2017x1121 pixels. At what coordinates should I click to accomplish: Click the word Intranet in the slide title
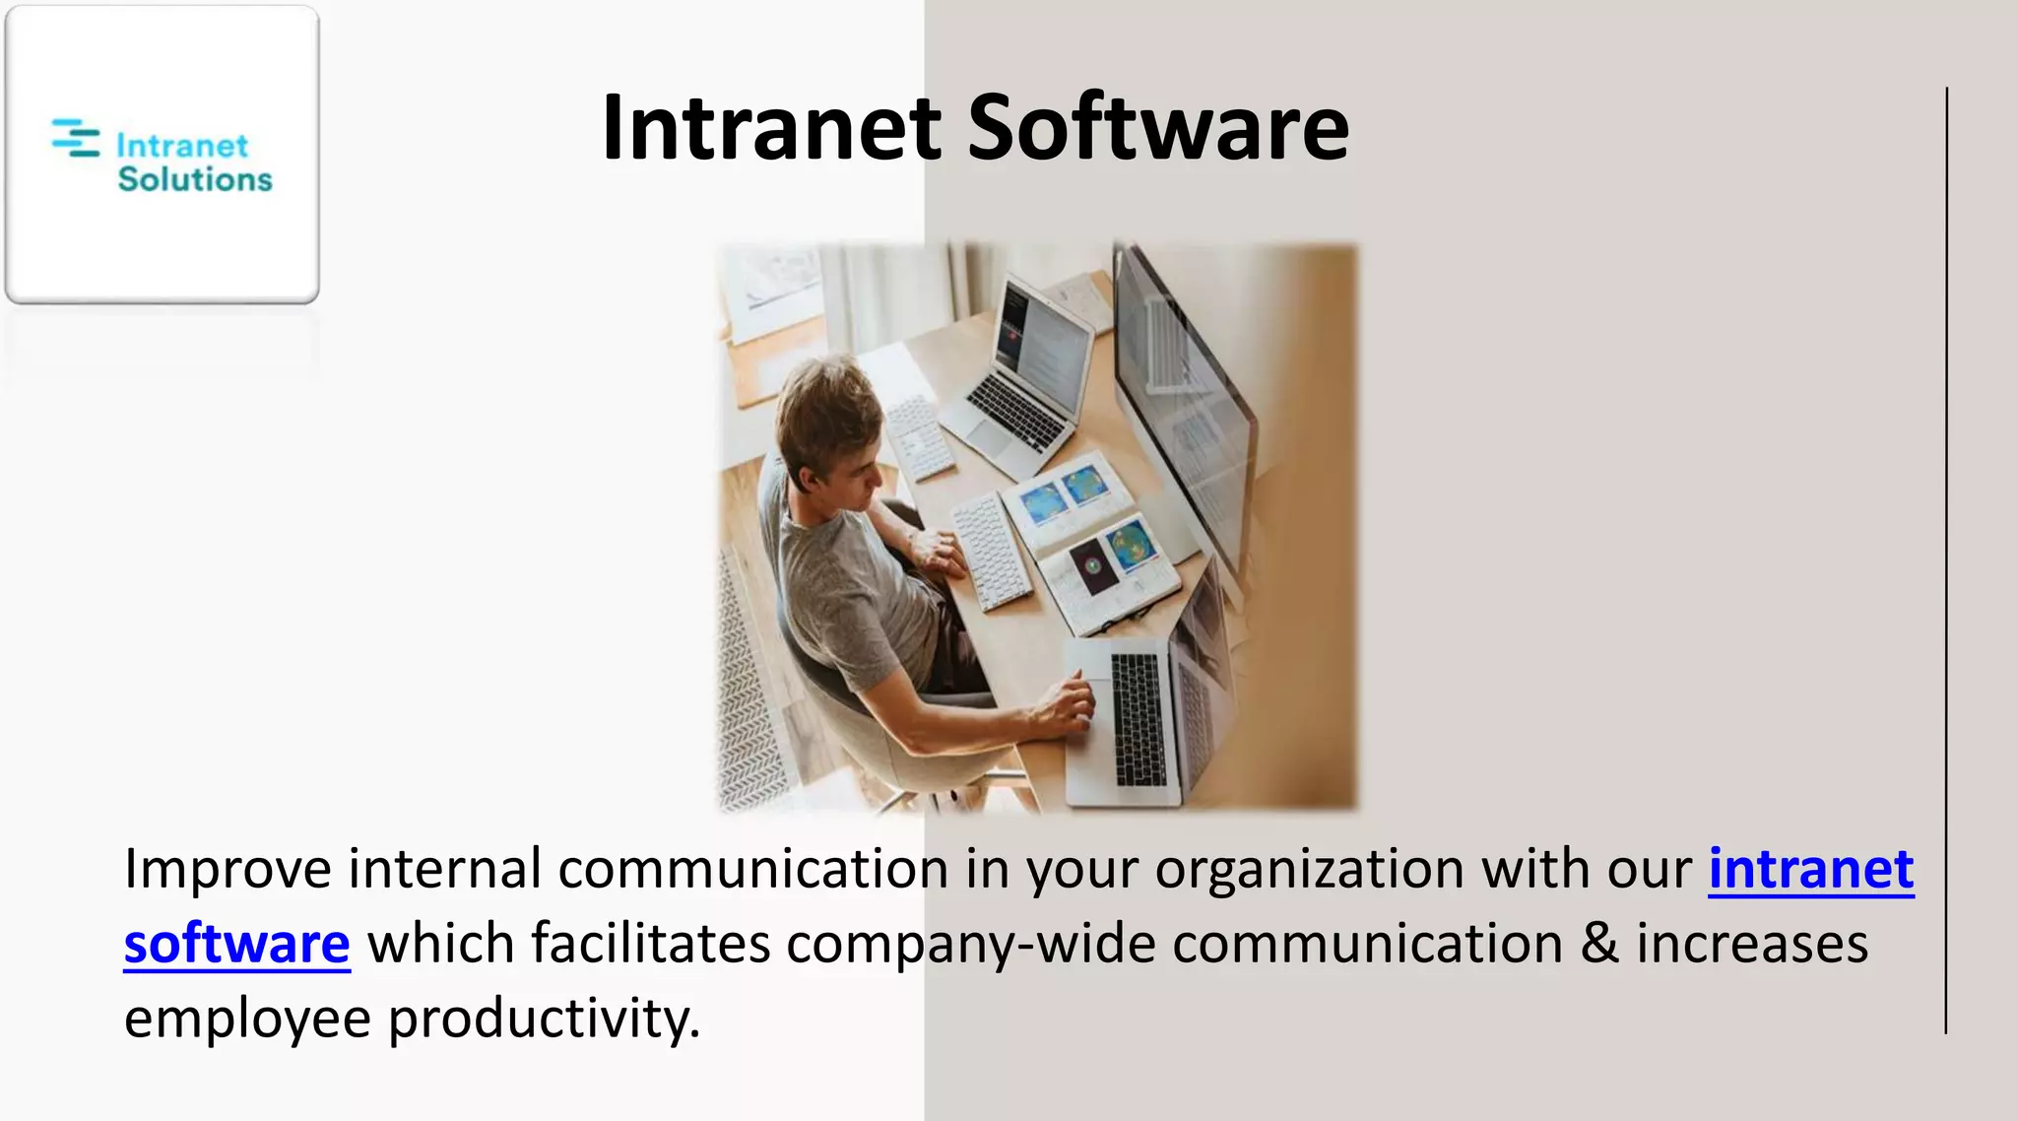pos(771,127)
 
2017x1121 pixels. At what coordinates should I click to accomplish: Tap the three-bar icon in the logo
pos(76,138)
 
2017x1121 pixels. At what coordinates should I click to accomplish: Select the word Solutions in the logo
pos(194,179)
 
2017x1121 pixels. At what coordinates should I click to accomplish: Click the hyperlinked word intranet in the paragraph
pos(1810,870)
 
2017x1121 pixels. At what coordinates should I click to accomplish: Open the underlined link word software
pos(236,945)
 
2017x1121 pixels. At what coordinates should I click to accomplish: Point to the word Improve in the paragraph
pos(228,870)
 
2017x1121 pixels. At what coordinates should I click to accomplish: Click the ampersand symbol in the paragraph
pos(1599,944)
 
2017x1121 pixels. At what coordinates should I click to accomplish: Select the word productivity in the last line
pos(544,1019)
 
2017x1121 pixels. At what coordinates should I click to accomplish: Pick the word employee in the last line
pos(247,1019)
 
